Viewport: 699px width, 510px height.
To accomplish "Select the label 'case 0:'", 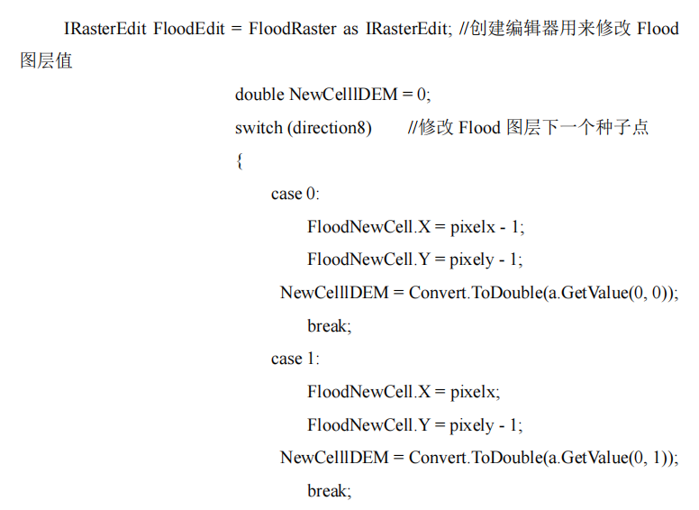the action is pos(295,194).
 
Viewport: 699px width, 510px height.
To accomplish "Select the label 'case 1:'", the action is pos(295,359).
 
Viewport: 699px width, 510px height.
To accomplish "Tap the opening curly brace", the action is pos(240,161).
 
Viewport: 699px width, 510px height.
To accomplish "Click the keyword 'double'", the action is pos(260,95).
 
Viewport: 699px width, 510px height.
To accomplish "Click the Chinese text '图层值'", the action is pos(46,62).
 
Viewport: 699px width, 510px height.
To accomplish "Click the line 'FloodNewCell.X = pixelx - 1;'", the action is pos(415,226).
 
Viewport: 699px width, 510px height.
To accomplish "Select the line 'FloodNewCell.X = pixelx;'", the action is pos(403,392).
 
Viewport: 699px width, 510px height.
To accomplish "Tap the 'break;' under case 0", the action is pos(329,325).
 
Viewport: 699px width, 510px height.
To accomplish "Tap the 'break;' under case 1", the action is pos(329,491).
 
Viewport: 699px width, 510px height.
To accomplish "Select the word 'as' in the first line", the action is pos(351,29).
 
